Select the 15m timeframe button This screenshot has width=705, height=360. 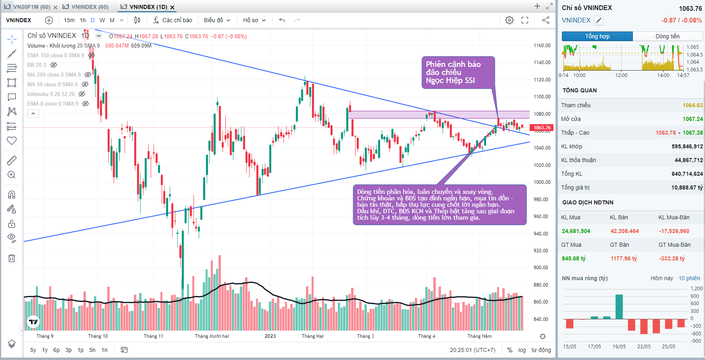pyautogui.click(x=69, y=20)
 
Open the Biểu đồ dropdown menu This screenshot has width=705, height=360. pyautogui.click(x=217, y=20)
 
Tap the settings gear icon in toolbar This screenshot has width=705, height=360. pyautogui.click(x=510, y=20)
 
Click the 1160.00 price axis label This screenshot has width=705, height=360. pyautogui.click(x=542, y=46)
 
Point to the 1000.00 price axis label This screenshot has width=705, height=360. pyautogui.click(x=542, y=182)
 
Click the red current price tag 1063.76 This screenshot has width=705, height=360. pyautogui.click(x=542, y=128)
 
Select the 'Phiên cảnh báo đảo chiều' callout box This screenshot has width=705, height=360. pyautogui.click(x=458, y=73)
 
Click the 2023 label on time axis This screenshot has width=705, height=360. pyautogui.click(x=270, y=336)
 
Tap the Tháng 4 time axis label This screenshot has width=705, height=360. pyautogui.click(x=426, y=336)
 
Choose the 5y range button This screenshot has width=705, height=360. pyautogui.click(x=33, y=350)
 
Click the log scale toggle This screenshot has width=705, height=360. pyautogui.click(x=522, y=350)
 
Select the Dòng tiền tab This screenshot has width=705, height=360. pyautogui.click(x=668, y=36)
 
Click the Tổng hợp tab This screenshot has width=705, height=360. pyautogui.click(x=597, y=36)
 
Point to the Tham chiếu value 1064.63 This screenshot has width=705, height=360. pyautogui.click(x=693, y=105)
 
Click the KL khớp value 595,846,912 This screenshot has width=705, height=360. pyautogui.click(x=687, y=146)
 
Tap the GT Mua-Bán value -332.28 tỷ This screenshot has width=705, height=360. pyautogui.click(x=672, y=258)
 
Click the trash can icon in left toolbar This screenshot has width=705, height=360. pyautogui.click(x=12, y=258)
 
